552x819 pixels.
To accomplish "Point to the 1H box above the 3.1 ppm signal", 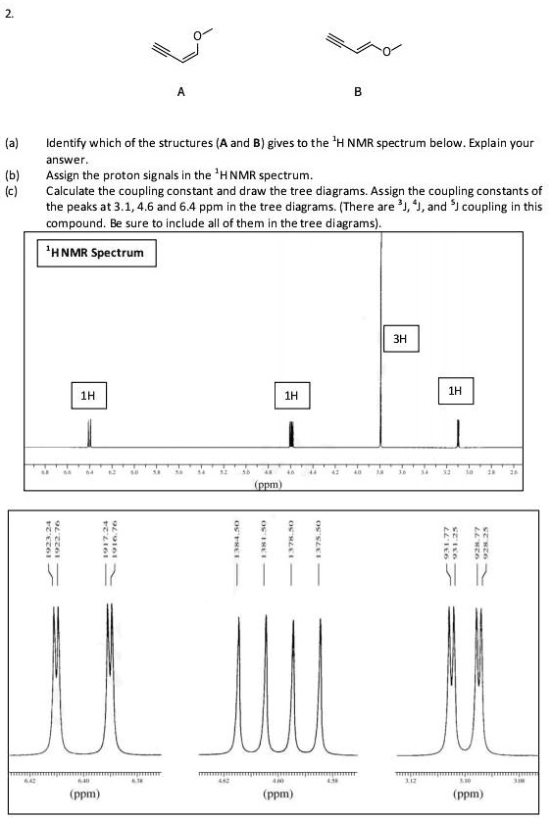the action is [454, 390].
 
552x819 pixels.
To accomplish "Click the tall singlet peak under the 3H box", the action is [380, 294].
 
